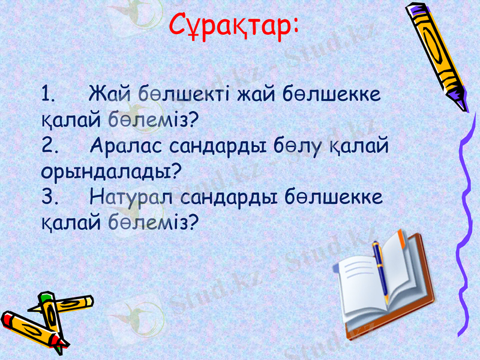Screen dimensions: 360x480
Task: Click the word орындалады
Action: (105, 172)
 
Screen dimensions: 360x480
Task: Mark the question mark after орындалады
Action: (176, 171)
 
